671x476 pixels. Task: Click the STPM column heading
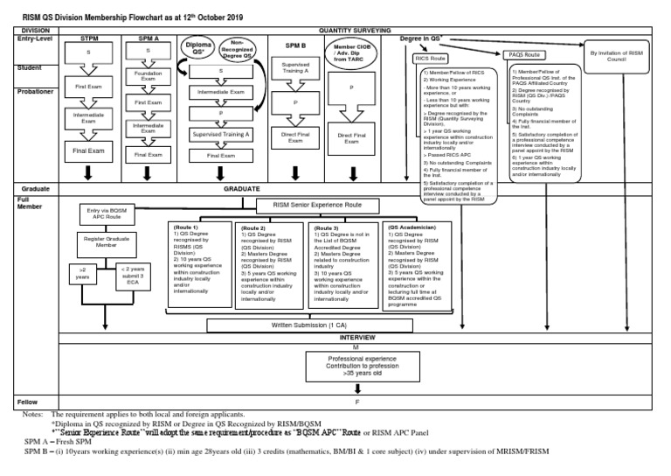click(90, 39)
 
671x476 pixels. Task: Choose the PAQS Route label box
click(526, 55)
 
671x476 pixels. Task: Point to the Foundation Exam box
click(149, 78)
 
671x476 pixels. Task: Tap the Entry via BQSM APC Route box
click(107, 213)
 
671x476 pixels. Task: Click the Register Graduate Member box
click(106, 241)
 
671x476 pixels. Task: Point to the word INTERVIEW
click(356, 337)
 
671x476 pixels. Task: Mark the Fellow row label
click(27, 402)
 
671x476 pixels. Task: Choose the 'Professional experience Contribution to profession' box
click(356, 365)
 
